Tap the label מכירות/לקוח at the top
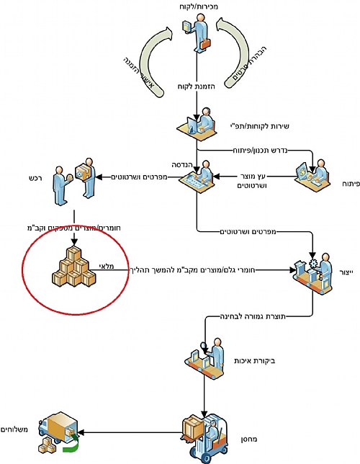coord(199,6)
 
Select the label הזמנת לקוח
coord(197,86)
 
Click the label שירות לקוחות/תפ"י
coord(259,126)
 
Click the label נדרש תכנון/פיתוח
coord(260,150)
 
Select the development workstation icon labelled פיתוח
coord(313,175)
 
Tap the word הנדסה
coord(182,165)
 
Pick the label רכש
coord(35,178)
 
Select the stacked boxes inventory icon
coord(74,267)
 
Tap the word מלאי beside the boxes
coord(106,266)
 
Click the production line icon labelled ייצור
coord(312,273)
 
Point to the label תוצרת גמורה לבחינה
coord(253,316)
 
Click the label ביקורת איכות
coord(255,361)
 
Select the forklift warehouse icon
coord(204,438)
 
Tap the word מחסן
coord(249,440)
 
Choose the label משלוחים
coord(14,429)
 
